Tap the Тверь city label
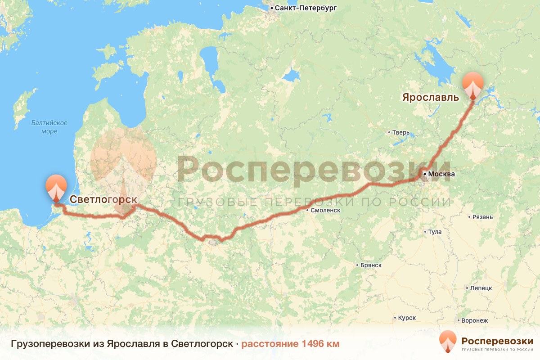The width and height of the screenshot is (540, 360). (401, 132)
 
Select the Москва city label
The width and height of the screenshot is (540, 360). (441, 174)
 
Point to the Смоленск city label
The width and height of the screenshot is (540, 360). (325, 210)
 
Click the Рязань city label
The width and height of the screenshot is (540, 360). (483, 217)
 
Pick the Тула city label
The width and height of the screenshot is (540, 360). (435, 232)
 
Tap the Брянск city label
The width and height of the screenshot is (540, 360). (371, 265)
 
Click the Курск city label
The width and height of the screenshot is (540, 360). (407, 318)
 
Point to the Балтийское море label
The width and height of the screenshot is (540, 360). (49, 127)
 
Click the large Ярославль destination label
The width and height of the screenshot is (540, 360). (430, 97)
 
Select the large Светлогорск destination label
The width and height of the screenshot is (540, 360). (103, 199)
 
